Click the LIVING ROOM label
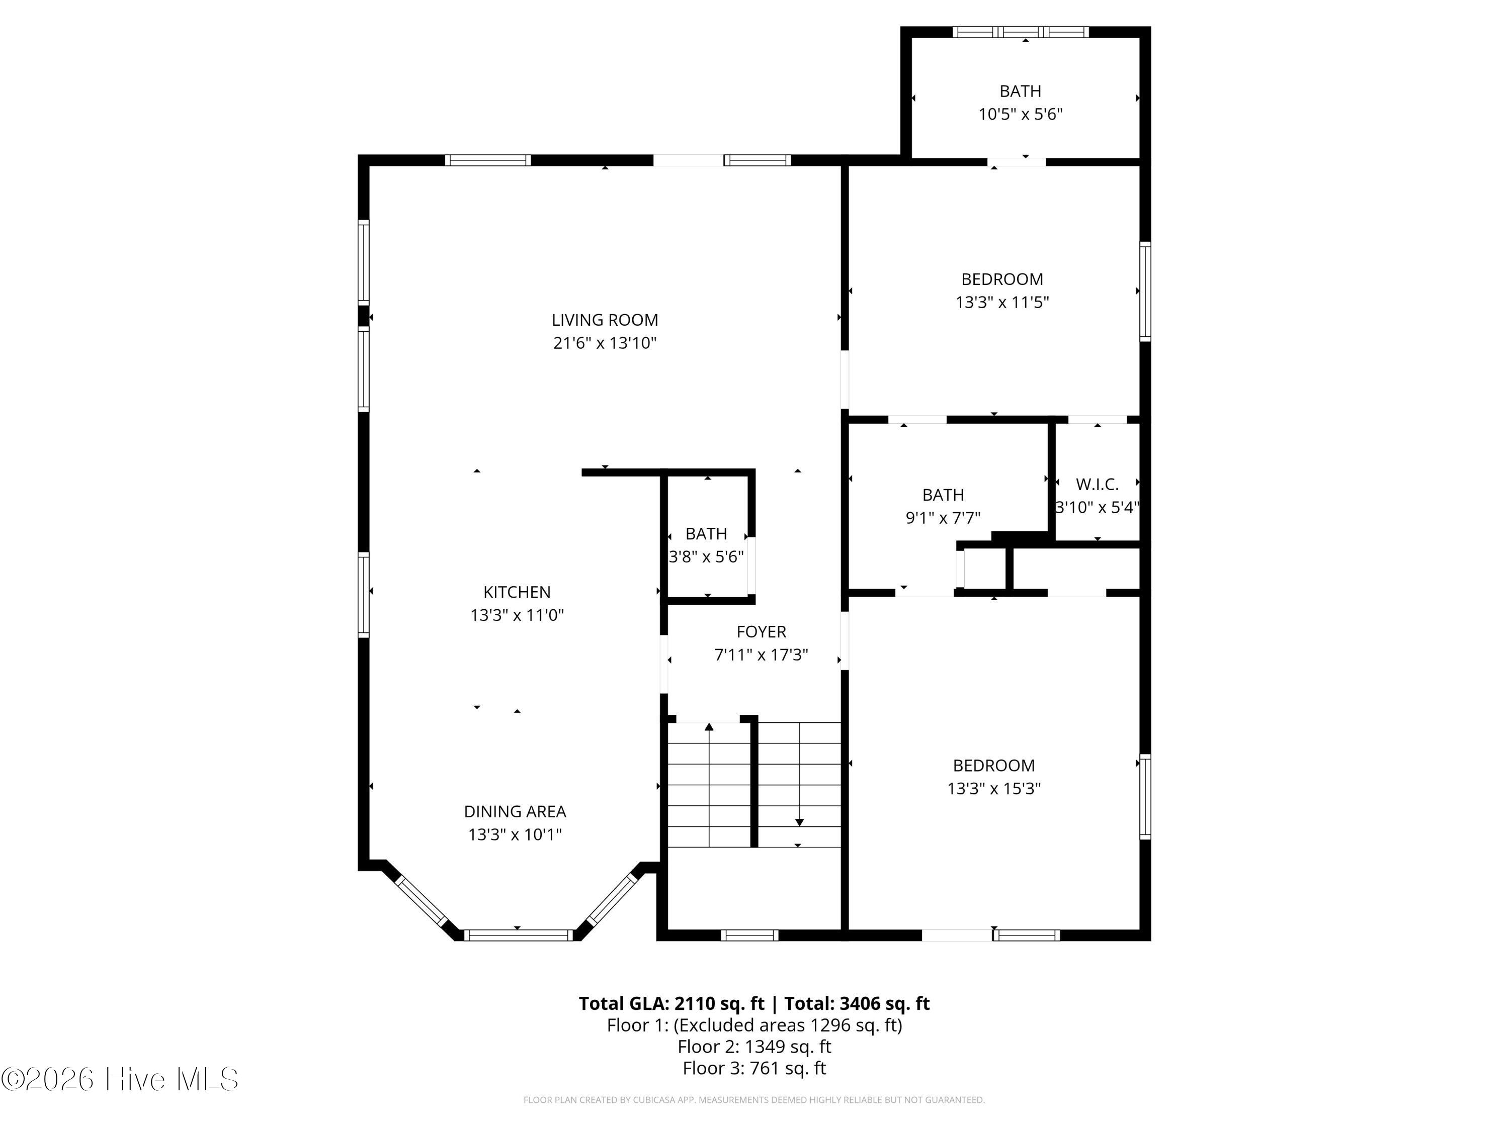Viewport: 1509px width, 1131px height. coord(605,320)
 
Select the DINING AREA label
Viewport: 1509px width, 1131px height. coord(515,811)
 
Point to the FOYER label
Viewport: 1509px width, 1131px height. coord(762,632)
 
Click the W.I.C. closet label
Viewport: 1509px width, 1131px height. coord(1097,485)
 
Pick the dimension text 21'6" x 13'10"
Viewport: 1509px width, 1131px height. coord(605,343)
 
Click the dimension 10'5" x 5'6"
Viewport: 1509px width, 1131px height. coord(1021,114)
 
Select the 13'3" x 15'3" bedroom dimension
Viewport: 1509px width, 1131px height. coord(994,788)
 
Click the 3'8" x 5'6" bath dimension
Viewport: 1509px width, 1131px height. coord(706,557)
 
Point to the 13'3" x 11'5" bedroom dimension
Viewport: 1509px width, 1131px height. coord(1002,302)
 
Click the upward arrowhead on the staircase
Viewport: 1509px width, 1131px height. coord(709,727)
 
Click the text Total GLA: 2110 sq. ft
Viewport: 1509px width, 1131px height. coord(672,1003)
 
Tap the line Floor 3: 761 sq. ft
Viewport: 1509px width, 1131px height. coord(754,1068)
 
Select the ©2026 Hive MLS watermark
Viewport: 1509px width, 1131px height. coord(120,1079)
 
